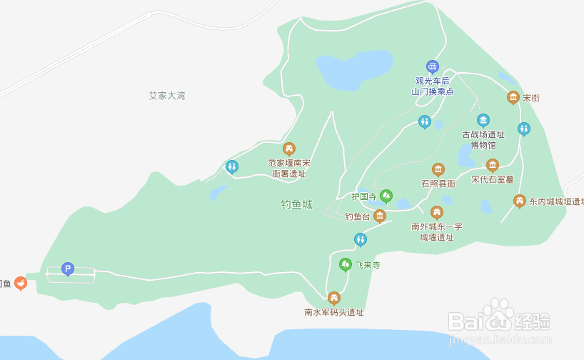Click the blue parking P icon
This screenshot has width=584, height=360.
click(68, 269)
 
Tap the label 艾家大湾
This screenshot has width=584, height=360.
click(167, 96)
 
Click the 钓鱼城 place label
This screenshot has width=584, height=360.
click(296, 204)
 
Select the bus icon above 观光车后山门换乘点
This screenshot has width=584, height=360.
click(432, 66)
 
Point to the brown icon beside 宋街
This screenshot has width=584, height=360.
click(513, 97)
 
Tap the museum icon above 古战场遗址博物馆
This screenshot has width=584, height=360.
click(483, 119)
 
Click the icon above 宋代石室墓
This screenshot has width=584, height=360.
click(492, 165)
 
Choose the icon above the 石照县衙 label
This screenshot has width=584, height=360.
click(438, 169)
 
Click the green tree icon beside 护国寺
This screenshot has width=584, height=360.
click(386, 195)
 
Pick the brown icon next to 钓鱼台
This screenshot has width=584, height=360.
click(380, 216)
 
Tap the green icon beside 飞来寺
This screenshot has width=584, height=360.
click(346, 265)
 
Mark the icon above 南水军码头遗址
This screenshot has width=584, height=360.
click(333, 298)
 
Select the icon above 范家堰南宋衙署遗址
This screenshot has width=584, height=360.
click(289, 149)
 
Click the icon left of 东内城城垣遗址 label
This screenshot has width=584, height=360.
click(520, 201)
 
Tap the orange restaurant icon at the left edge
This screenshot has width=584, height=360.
click(21, 284)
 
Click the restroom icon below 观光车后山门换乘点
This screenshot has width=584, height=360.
click(425, 121)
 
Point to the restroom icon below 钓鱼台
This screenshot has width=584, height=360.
click(361, 239)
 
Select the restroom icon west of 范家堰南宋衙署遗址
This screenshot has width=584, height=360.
click(231, 167)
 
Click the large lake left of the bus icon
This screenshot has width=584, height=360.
click(354, 69)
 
